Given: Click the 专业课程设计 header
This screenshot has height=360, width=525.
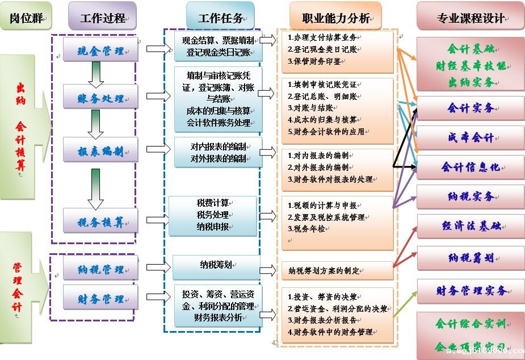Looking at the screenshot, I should tap(471, 16).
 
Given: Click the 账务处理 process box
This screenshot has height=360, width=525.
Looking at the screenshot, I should tap(100, 97).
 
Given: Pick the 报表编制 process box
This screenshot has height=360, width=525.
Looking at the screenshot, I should tap(100, 150).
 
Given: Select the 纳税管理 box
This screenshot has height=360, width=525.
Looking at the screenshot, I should tap(100, 268).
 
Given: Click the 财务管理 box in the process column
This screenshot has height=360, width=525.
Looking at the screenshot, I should tap(100, 298).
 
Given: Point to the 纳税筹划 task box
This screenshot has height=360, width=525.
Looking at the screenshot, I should tap(216, 265).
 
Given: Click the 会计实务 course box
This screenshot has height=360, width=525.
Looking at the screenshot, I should tap(471, 108).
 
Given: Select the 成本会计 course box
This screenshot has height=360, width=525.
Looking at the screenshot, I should tap(471, 138).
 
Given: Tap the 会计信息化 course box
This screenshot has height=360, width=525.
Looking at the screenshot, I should tap(471, 167).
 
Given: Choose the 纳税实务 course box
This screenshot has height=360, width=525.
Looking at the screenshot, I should tap(471, 196).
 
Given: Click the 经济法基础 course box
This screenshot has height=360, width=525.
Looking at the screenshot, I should tap(471, 226).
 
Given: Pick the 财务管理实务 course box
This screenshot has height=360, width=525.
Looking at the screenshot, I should tap(471, 291).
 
